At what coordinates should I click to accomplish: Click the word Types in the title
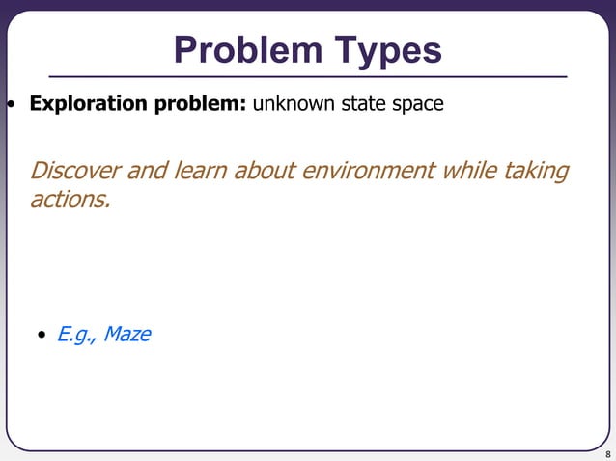387,50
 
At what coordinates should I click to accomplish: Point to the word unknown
294,103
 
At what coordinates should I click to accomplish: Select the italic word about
265,172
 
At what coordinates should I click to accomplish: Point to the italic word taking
535,172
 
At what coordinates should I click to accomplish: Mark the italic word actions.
70,202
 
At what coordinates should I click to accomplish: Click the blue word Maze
126,335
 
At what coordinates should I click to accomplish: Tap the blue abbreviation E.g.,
76,335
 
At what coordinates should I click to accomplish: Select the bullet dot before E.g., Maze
42,336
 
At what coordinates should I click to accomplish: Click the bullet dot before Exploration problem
12,104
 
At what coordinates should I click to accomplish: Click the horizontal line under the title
308,76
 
